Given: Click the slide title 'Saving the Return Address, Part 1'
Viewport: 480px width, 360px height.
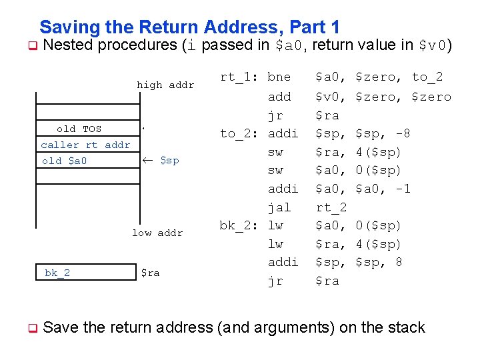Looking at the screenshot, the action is pyautogui.click(x=189, y=27).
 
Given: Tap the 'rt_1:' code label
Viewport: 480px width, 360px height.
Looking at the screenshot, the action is pyautogui.click(x=240, y=77).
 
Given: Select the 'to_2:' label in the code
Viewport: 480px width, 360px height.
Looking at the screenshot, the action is pyautogui.click(x=240, y=133).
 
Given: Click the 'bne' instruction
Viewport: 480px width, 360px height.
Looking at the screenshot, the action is pyautogui.click(x=279, y=77).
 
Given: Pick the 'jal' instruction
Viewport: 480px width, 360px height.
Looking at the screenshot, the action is pyautogui.click(x=279, y=207).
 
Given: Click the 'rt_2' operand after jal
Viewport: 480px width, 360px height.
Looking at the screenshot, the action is pyautogui.click(x=331, y=207).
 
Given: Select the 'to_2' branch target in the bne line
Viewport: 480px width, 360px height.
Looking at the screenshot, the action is pyautogui.click(x=427, y=77).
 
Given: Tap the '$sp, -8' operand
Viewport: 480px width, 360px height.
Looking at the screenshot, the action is pyautogui.click(x=383, y=133).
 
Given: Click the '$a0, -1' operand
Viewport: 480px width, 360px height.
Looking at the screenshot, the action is pyautogui.click(x=383, y=189).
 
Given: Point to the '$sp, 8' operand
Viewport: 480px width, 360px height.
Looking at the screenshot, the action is pyautogui.click(x=379, y=262).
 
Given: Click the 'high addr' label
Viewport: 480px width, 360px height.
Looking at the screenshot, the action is pyautogui.click(x=165, y=85).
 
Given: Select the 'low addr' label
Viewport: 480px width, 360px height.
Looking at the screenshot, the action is pyautogui.click(x=157, y=233).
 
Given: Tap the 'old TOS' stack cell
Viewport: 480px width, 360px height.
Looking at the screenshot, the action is pyautogui.click(x=79, y=129).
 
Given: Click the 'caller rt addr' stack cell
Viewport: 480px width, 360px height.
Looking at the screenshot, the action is pyautogui.click(x=85, y=145).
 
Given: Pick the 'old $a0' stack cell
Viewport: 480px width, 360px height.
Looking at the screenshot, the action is pyautogui.click(x=64, y=161).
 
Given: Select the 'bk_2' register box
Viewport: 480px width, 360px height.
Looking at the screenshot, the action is pyautogui.click(x=57, y=273).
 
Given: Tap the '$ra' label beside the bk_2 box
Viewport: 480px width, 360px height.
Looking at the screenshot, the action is pyautogui.click(x=150, y=273).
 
